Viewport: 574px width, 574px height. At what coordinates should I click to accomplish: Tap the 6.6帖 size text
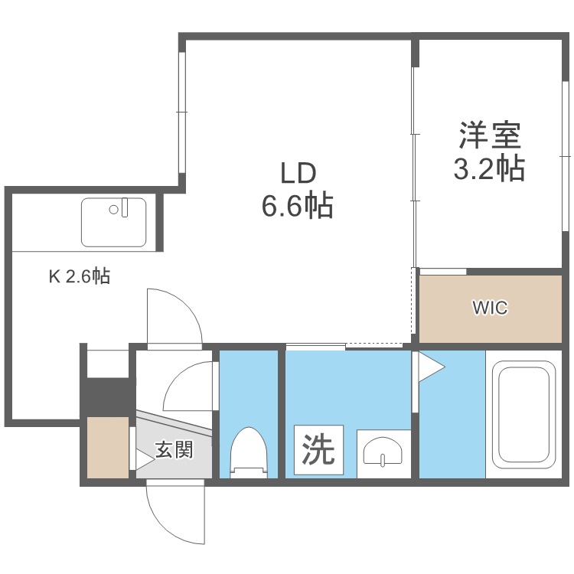coord(298,206)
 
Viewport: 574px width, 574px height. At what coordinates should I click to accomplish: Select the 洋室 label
coord(490,135)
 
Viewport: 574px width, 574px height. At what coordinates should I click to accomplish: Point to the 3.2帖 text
coord(490,168)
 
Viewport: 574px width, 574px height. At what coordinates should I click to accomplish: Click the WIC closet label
coord(490,308)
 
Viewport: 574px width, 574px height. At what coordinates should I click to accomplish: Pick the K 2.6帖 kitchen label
coord(80,276)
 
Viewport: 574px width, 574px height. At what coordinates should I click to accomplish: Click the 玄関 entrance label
coord(174,449)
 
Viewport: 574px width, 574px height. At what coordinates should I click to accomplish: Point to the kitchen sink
coord(114,222)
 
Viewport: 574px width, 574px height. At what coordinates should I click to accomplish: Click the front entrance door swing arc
coord(175,517)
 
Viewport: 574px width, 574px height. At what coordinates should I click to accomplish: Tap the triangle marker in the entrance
coord(143,459)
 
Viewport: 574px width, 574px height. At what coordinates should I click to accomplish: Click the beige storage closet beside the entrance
coord(107,448)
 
